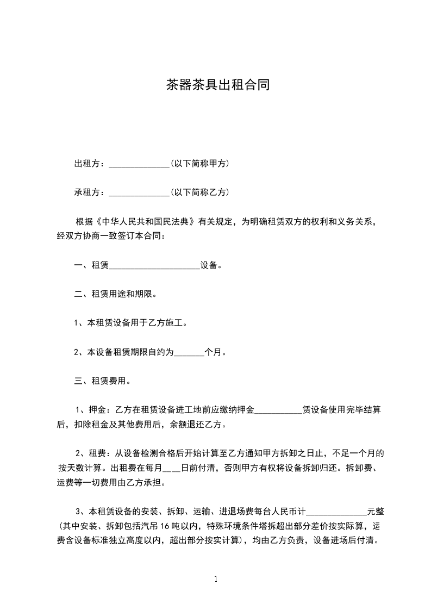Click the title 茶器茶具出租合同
[x=217, y=85]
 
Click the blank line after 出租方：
[x=139, y=164]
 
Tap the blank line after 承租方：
[x=139, y=192]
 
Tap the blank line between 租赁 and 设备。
[x=154, y=266]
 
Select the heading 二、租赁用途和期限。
[x=115, y=294]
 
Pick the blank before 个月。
[x=189, y=352]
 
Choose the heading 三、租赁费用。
[x=102, y=381]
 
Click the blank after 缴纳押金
[x=278, y=410]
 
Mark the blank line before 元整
[x=337, y=512]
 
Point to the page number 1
[x=216, y=579]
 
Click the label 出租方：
[x=91, y=163]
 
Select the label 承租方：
[x=91, y=192]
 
